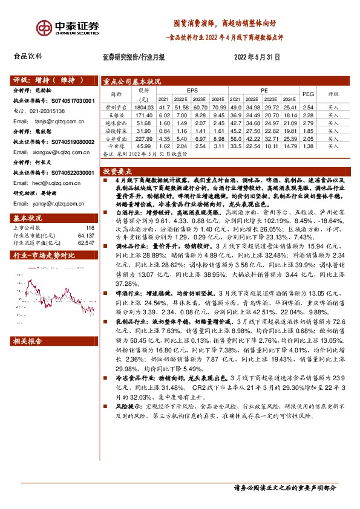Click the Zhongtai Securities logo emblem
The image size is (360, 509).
tap(44, 28)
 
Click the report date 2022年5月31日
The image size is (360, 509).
tap(257, 57)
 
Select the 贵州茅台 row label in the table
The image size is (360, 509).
tap(115, 106)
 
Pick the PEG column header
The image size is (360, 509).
tap(308, 94)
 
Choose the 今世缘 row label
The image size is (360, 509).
tap(115, 146)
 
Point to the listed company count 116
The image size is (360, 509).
tap(91, 228)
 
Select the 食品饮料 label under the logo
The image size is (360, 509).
tap(28, 56)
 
